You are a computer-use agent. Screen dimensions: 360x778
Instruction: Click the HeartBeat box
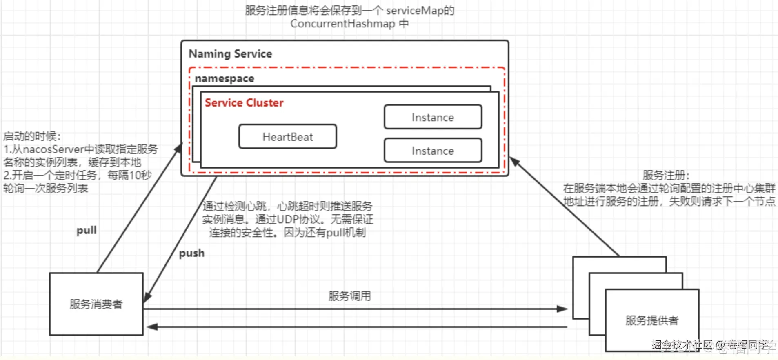tap(288, 137)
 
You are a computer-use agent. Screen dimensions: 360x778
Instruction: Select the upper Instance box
tap(433, 118)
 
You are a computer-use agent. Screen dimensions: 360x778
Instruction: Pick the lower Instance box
tap(433, 151)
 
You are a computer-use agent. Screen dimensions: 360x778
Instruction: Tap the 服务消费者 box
tap(96, 304)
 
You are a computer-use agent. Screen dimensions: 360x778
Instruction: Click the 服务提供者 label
tap(652, 320)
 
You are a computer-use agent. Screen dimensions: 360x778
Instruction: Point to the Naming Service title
tap(230, 54)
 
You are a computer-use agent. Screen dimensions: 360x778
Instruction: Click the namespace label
tap(225, 78)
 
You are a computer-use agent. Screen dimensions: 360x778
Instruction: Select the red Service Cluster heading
tap(244, 103)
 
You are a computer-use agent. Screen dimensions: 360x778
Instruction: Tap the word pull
tap(87, 230)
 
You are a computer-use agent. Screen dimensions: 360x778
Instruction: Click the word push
tap(192, 253)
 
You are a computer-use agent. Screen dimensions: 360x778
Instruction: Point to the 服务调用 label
tap(349, 296)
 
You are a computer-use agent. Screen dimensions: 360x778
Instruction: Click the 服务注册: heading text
tap(666, 175)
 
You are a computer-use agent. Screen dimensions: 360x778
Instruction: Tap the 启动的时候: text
tap(32, 136)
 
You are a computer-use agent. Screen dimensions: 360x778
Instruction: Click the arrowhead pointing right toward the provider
tap(562, 309)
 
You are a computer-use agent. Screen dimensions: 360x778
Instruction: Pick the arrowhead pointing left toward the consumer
tap(152, 327)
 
